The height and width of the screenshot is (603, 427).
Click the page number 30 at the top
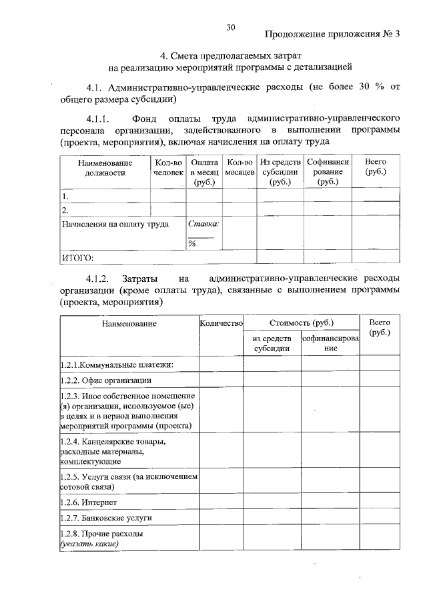click(231, 27)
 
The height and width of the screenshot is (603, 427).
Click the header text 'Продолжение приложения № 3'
click(332, 35)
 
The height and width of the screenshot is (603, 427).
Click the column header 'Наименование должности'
click(105, 167)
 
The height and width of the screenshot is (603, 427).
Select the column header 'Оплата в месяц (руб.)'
click(203, 171)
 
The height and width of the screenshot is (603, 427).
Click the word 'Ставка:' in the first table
click(203, 225)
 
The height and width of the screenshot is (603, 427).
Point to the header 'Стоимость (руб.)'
click(302, 324)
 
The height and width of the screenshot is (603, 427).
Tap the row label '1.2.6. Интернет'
click(89, 502)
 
